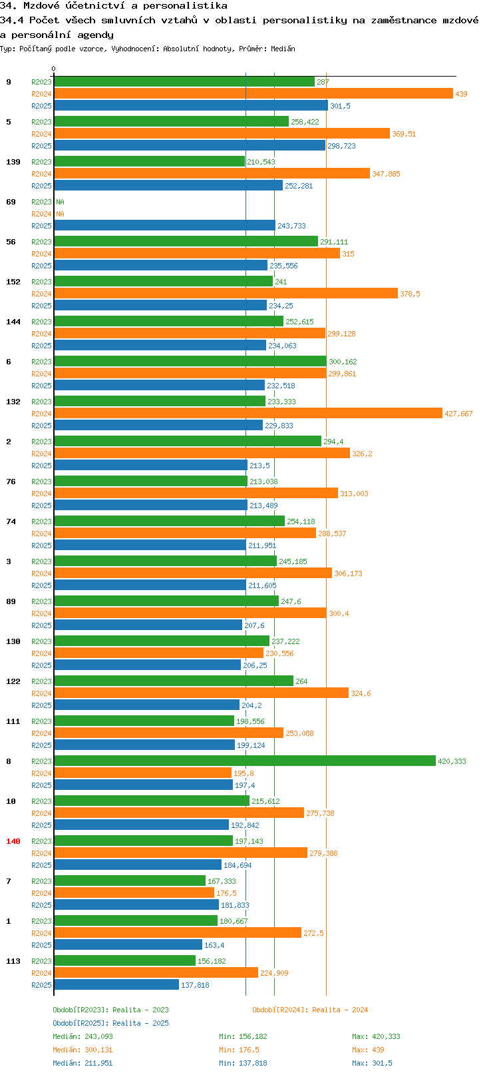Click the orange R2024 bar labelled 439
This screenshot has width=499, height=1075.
coord(253,94)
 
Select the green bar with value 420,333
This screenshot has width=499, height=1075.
coord(244,761)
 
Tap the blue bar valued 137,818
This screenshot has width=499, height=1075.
coord(116,984)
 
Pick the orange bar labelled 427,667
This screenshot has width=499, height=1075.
coord(248,413)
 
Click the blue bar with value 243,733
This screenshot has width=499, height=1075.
coord(164,225)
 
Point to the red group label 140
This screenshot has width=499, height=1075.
coord(13,841)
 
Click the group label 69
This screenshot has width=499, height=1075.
coord(11,202)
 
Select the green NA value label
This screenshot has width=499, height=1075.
coord(60,202)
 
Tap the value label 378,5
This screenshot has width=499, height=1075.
coord(410,294)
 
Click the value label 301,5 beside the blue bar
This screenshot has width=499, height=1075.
coord(341,106)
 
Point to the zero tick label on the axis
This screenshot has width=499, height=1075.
coord(53,69)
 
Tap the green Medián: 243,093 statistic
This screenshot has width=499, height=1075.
coord(83,1036)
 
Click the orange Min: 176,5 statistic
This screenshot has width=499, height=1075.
coord(240,1050)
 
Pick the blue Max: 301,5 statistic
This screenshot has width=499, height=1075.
coord(372,1064)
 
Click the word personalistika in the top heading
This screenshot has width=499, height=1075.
coord(185,6)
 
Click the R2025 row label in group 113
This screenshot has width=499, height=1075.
coord(41,985)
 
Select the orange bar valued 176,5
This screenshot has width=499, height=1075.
coord(134,893)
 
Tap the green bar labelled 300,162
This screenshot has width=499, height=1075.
coord(190,361)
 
